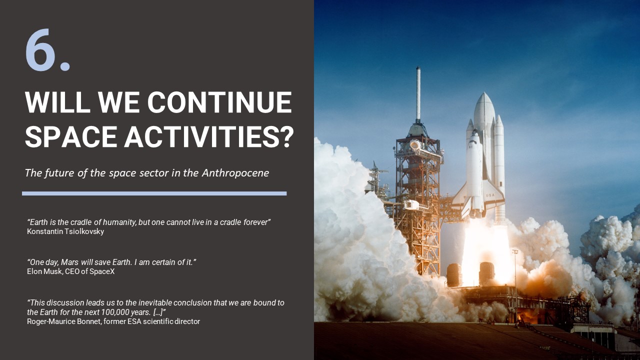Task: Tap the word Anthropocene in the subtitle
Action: coord(235,173)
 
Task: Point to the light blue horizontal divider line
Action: coord(154,193)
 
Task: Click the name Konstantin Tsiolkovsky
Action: coord(65,231)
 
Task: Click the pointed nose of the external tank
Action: coord(484,95)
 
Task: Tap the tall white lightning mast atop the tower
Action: coord(418,92)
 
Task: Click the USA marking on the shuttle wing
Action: coord(489,195)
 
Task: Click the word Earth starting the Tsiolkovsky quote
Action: coord(39,222)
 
